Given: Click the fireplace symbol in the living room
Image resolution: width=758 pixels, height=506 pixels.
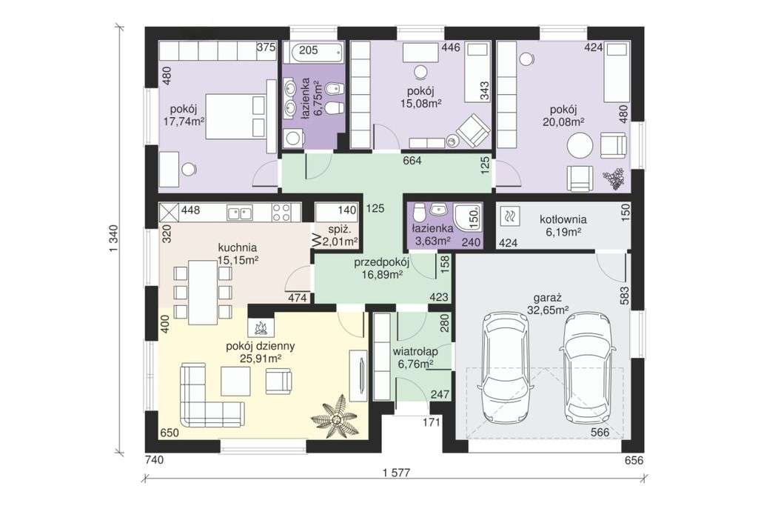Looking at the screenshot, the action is (x=261, y=327).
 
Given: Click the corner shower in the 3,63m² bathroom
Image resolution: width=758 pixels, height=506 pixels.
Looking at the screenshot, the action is (x=468, y=217).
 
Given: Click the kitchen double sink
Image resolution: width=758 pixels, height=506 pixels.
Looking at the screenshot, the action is (x=239, y=211).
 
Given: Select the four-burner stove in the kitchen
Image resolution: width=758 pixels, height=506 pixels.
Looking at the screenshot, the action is (x=281, y=212).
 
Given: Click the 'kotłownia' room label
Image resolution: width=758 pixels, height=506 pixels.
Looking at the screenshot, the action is (x=563, y=220).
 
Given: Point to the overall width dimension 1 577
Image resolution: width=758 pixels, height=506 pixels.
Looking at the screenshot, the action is (x=395, y=473).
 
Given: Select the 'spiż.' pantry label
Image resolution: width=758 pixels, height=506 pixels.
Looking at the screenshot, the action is (x=335, y=230).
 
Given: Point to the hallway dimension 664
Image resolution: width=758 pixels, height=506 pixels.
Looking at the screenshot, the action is (x=412, y=161).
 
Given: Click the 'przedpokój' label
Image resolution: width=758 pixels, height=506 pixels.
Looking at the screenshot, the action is (x=382, y=263).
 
